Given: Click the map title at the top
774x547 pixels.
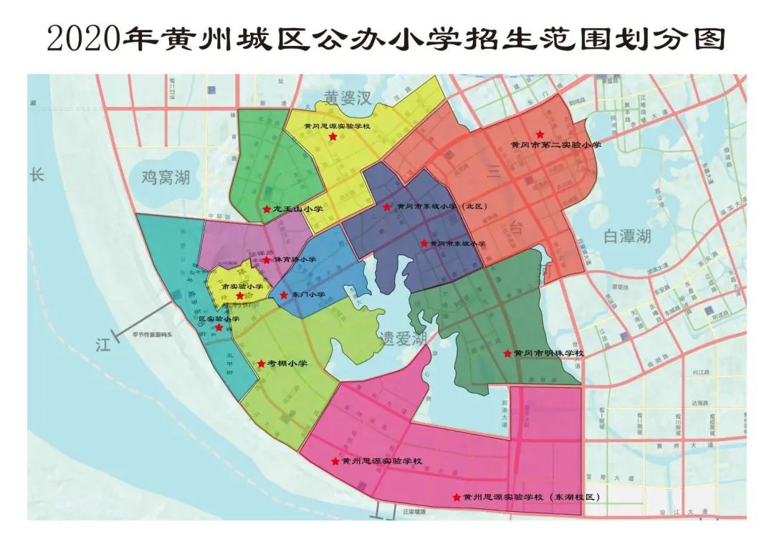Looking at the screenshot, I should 387,38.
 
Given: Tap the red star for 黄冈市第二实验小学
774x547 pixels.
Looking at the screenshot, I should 540,134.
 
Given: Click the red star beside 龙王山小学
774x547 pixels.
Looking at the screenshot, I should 266,209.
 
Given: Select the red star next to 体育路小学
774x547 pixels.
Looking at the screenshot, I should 267,260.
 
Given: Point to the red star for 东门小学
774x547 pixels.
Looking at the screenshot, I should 284,295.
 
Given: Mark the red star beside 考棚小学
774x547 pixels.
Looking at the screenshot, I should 261,363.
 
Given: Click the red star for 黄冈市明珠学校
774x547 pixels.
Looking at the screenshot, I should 507,353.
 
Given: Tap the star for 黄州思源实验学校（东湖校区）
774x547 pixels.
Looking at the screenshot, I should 456,497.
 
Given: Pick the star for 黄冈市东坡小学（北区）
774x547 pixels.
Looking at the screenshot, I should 387,206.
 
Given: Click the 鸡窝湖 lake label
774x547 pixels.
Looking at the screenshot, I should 166,177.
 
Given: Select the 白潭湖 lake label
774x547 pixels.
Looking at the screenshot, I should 626,236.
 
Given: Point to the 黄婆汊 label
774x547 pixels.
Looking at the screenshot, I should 347,98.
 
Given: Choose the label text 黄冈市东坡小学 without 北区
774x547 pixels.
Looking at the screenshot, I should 459,244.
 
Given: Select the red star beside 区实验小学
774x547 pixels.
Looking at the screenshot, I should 219,327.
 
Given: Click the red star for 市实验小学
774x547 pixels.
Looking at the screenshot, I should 239,295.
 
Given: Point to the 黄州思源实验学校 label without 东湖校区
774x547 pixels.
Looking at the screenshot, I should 381,461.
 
